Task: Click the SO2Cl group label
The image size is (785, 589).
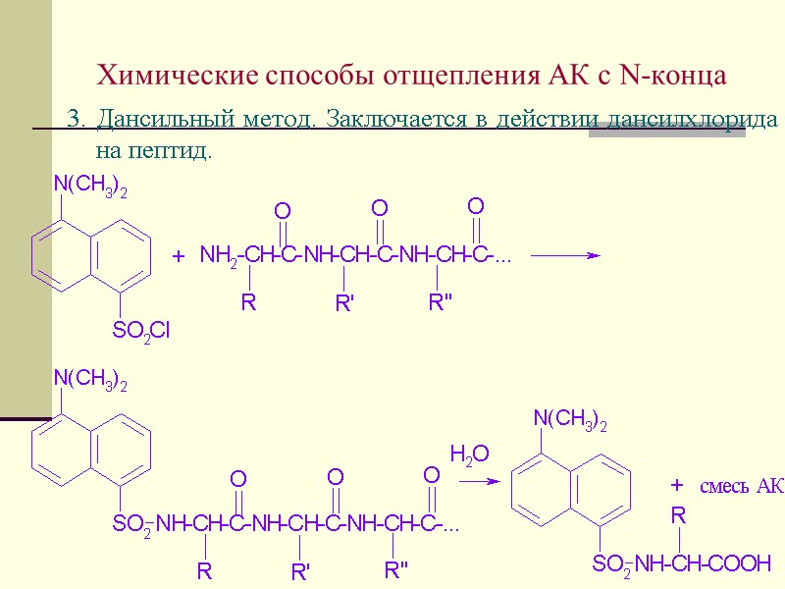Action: coord(141,331)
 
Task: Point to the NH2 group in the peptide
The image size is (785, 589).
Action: coord(218,256)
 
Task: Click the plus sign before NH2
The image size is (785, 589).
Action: coord(178,256)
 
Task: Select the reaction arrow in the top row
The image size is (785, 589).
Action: coord(565,255)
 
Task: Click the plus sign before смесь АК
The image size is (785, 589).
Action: coord(676,486)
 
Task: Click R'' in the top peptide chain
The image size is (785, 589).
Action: coord(440,303)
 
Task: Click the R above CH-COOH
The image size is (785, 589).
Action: coord(678,515)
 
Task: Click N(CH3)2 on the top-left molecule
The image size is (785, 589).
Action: coord(90,185)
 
